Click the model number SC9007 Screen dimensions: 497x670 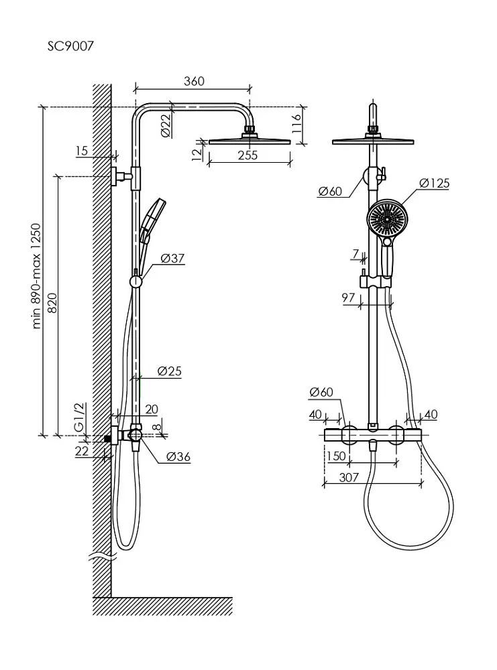(70, 46)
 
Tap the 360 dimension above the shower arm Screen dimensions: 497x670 (195, 81)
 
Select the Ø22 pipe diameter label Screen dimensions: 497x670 (166, 124)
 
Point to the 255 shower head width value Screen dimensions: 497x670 (247, 155)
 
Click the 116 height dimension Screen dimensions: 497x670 (296, 124)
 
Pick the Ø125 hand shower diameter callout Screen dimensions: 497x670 (434, 184)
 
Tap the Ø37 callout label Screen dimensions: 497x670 (172, 258)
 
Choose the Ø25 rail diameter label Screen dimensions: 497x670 (170, 371)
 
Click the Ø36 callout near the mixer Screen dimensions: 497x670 (178, 457)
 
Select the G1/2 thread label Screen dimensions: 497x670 (80, 417)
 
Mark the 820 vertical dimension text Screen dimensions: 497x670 (52, 303)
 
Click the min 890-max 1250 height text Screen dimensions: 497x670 (37, 276)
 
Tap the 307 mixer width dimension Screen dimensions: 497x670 (349, 477)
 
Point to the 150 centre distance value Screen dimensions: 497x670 (336, 456)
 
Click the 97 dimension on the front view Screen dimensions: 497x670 (348, 297)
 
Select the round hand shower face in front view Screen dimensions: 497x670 (388, 218)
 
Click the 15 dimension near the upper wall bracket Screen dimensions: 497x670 (81, 150)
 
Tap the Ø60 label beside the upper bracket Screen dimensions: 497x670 (330, 191)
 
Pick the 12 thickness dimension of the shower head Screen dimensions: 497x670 (197, 154)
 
